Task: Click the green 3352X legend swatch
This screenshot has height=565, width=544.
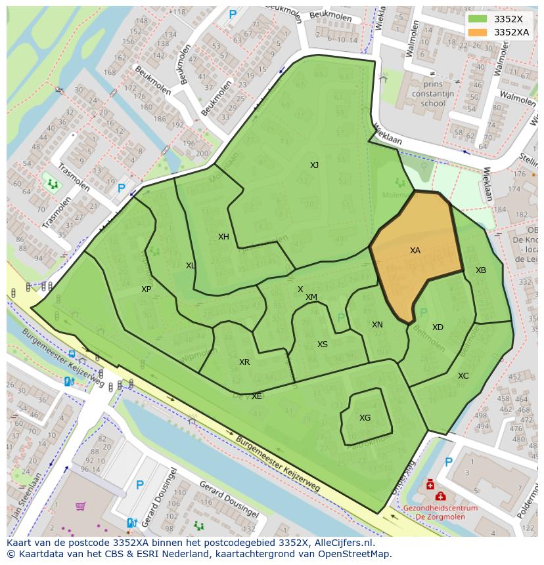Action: [478, 19]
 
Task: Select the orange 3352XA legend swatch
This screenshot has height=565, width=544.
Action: [478, 32]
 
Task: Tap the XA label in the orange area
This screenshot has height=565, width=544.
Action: [415, 251]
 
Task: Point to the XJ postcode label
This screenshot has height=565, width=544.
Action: [314, 165]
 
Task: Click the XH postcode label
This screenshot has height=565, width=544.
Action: [223, 237]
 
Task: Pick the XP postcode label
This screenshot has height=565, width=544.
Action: [146, 289]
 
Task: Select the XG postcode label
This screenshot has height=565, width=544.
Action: [365, 418]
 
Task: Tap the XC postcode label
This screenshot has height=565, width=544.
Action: [463, 376]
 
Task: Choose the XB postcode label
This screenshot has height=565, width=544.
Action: [481, 270]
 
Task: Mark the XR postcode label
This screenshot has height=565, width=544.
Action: [244, 362]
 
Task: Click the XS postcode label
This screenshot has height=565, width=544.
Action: [323, 345]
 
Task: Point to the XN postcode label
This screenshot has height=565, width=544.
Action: [377, 325]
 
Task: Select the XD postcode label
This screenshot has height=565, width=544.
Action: [438, 327]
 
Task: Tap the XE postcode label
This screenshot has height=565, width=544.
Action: [256, 396]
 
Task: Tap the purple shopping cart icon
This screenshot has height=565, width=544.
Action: [81, 506]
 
